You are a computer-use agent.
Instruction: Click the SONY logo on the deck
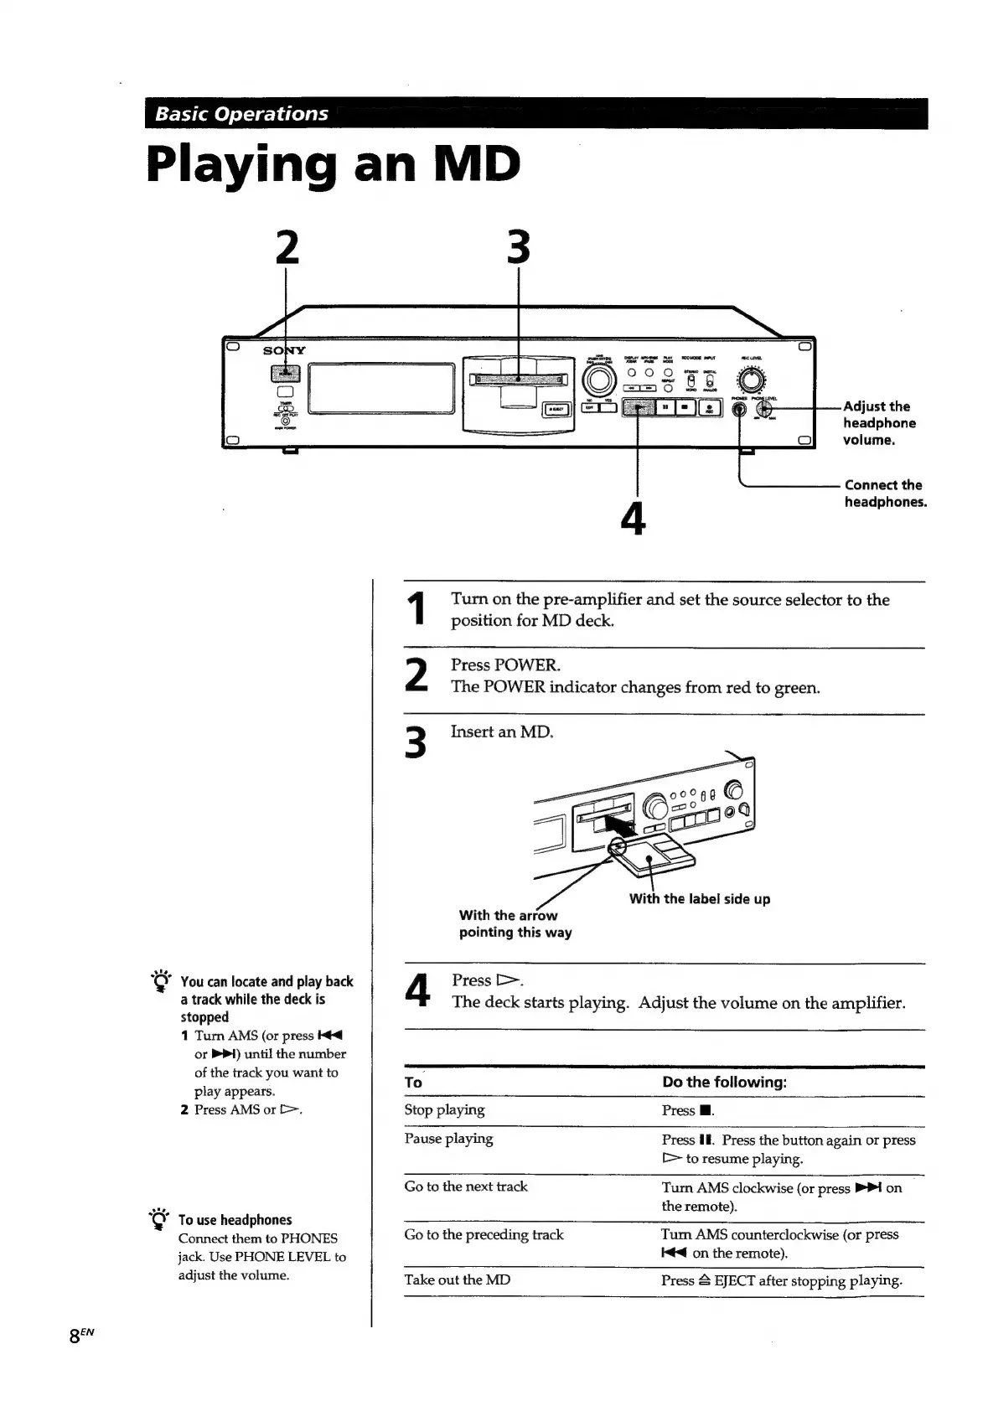coord(284,350)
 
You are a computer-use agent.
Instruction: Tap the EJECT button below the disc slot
coord(556,409)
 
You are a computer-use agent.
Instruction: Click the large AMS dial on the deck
coord(600,380)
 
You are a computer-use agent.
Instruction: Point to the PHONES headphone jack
coord(739,410)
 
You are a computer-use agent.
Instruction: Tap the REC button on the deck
coord(708,408)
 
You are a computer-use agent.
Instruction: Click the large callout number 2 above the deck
coord(287,248)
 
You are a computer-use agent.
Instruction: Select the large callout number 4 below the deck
coord(634,519)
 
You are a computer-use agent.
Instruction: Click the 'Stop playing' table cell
coord(444,1109)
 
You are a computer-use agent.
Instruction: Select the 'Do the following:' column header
coord(724,1082)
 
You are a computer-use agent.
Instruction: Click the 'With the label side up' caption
coord(700,899)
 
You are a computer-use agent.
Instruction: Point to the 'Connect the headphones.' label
coord(884,494)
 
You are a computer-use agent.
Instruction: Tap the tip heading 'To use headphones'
coord(235,1220)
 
